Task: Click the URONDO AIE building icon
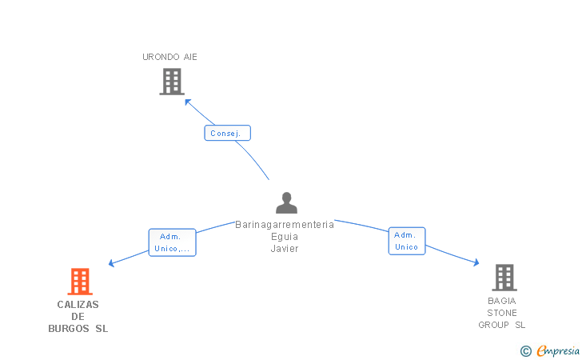pyautogui.click(x=172, y=82)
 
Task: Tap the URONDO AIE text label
pyautogui.click(x=169, y=57)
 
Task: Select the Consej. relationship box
pyautogui.click(x=228, y=133)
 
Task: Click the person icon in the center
pyautogui.click(x=285, y=202)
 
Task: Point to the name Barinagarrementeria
pyautogui.click(x=285, y=225)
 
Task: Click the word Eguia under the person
pyautogui.click(x=285, y=237)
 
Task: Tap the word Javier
pyautogui.click(x=285, y=249)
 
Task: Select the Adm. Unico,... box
pyautogui.click(x=172, y=242)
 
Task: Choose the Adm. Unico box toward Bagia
pyautogui.click(x=407, y=241)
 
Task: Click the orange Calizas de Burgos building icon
pyautogui.click(x=79, y=282)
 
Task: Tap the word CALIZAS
pyautogui.click(x=78, y=305)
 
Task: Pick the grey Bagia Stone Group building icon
pyautogui.click(x=504, y=278)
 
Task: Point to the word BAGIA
pyautogui.click(x=502, y=301)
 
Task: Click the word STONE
pyautogui.click(x=502, y=313)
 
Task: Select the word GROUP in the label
pyautogui.click(x=495, y=325)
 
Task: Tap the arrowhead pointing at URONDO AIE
pyautogui.click(x=188, y=101)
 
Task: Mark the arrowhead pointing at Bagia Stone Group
pyautogui.click(x=476, y=262)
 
